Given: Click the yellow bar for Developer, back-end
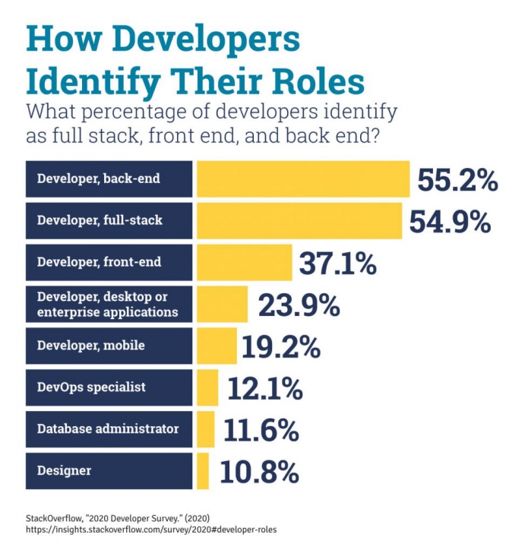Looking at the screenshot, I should click(x=303, y=179).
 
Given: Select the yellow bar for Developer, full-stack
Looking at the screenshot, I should click(x=299, y=221).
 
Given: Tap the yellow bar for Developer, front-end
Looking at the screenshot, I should click(x=244, y=263).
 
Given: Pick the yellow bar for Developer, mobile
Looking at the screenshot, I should click(x=217, y=346).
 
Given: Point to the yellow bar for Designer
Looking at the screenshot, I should click(x=202, y=471).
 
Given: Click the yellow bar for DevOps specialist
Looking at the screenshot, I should click(x=207, y=387).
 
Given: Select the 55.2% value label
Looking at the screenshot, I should click(x=457, y=180).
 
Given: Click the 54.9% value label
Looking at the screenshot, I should click(x=449, y=222).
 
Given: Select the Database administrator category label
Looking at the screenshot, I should click(x=108, y=429).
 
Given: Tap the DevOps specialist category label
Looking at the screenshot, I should click(x=91, y=387).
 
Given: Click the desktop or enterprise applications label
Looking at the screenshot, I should click(x=107, y=305).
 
